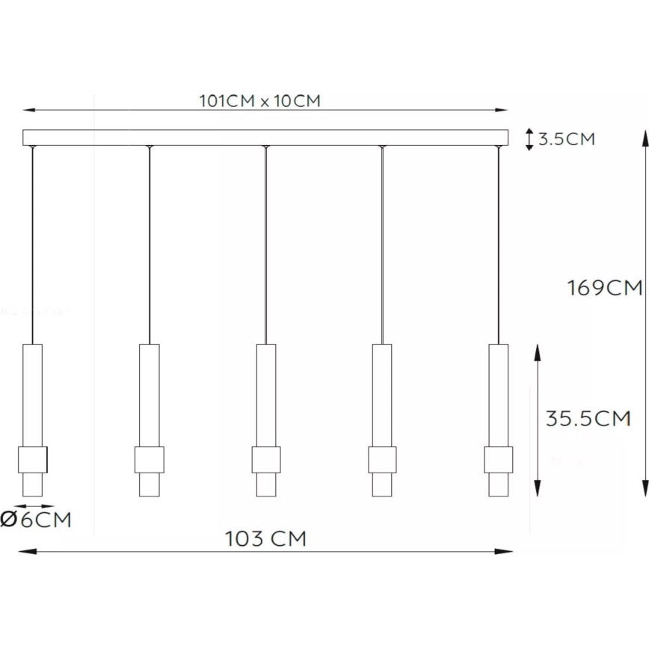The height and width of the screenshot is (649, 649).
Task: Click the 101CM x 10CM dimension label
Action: [259, 101]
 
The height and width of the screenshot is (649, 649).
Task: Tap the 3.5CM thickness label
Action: [567, 139]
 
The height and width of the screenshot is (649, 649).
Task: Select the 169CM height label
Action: [605, 288]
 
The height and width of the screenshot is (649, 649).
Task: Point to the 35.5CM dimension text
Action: [588, 419]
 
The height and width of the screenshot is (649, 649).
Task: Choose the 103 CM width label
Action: [265, 538]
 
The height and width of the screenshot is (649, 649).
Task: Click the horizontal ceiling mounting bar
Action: [265, 138]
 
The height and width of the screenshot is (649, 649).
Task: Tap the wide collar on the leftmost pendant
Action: [33, 459]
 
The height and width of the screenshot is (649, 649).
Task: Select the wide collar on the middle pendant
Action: [265, 459]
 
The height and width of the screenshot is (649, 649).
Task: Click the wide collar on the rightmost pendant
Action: [498, 459]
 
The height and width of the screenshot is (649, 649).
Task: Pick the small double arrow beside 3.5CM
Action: [529, 139]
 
